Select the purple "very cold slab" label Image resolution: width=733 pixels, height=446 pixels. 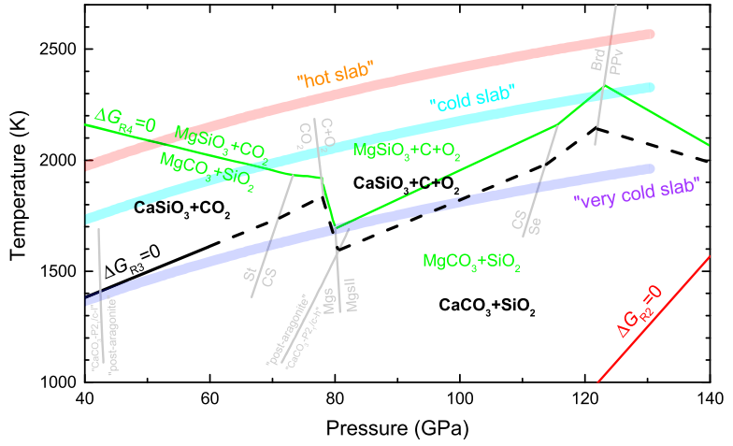tap(636, 187)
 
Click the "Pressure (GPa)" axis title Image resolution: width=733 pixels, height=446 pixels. tap(397, 428)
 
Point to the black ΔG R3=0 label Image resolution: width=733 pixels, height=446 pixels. tap(132, 254)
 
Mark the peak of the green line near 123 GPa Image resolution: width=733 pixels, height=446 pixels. tap(605, 86)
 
